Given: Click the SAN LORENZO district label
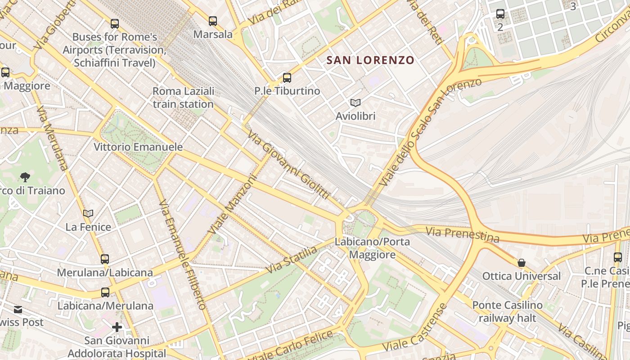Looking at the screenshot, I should point(370,60).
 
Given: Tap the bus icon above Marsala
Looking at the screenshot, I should point(213,21).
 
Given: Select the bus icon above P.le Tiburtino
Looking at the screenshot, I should point(287,77).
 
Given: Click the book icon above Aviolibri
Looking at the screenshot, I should point(355,103).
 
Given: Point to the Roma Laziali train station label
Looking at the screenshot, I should point(183,98).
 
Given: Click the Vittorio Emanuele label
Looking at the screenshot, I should point(138,147).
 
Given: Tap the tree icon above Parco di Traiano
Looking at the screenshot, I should point(25,177).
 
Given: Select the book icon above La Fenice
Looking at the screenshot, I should point(88,213).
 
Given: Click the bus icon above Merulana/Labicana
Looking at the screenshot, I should point(105,259).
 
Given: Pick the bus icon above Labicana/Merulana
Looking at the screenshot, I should point(105,292).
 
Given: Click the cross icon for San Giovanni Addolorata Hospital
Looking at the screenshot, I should point(117,327).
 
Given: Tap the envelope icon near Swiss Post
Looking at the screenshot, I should point(18,310).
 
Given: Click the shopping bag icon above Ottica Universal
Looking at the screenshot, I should point(522,262).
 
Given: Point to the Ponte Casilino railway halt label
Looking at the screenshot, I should point(507,311).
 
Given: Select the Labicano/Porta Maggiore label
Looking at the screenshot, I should point(373,248).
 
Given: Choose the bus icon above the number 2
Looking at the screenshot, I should point(500,14).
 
